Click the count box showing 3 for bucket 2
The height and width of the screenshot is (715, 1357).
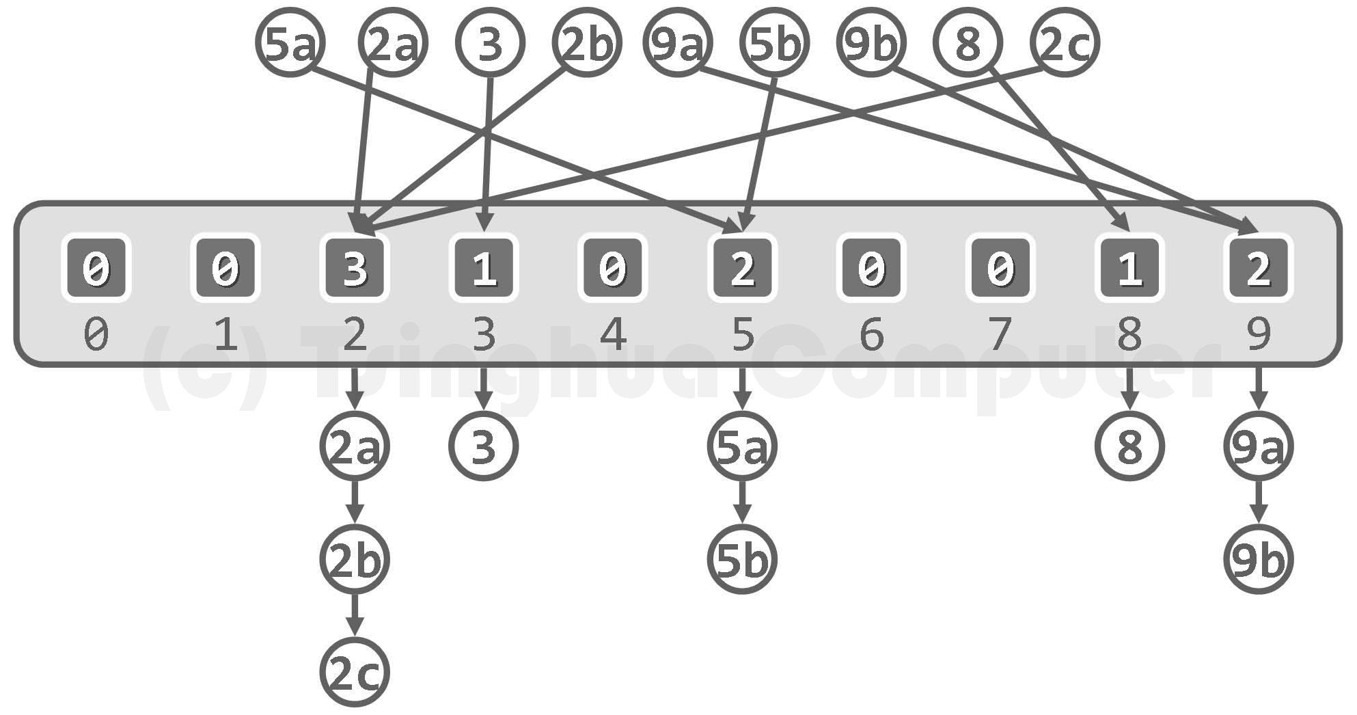click(x=354, y=268)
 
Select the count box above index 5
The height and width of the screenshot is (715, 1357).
click(x=742, y=268)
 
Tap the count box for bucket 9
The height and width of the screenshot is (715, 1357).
click(x=1259, y=268)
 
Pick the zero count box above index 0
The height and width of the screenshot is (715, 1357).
click(x=96, y=268)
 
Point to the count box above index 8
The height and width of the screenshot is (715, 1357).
click(x=1129, y=268)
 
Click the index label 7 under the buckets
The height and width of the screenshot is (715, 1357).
click(x=1000, y=335)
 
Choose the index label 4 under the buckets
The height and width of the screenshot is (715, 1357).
click(x=613, y=335)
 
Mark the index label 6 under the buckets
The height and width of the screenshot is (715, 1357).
click(x=871, y=335)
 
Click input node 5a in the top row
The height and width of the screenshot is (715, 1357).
click(x=290, y=42)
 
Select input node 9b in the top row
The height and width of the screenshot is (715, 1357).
click(x=871, y=42)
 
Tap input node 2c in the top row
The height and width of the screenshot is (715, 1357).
click(x=1064, y=42)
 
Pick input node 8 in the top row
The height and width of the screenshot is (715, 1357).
click(x=968, y=42)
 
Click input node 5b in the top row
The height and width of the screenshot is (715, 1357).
click(x=774, y=42)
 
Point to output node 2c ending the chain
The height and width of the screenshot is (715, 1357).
click(x=354, y=672)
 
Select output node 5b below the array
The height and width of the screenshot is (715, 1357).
click(x=742, y=560)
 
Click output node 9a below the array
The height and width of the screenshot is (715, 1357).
click(x=1259, y=446)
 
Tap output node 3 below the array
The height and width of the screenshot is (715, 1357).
click(x=484, y=446)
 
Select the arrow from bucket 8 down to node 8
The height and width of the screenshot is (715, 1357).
click(x=1129, y=390)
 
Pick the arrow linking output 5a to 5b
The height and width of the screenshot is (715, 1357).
click(x=742, y=503)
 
